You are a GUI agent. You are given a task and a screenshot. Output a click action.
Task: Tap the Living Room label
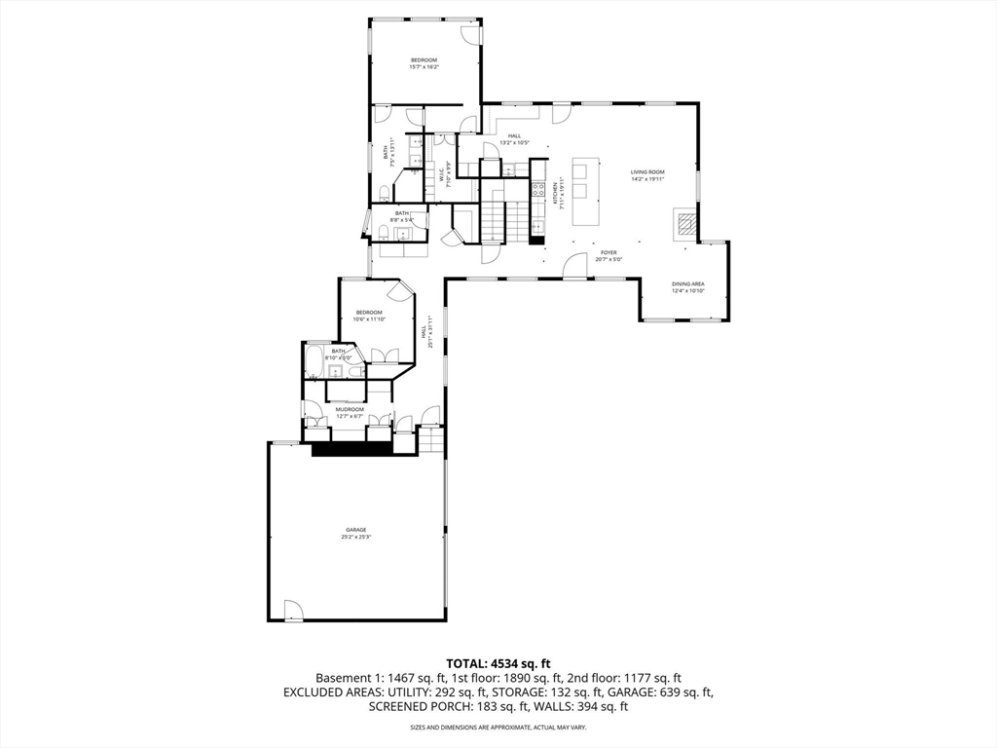coord(647,171)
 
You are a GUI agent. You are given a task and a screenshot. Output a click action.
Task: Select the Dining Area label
coord(688,283)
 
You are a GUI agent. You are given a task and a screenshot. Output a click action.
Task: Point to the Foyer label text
coord(609,252)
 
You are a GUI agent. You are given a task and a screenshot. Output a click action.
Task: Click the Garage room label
coord(355,530)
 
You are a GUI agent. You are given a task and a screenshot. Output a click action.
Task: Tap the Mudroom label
coord(350,409)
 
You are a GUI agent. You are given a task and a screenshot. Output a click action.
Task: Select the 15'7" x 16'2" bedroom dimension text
coord(425,67)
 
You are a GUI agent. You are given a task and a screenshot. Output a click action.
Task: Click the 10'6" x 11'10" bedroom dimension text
coord(369,319)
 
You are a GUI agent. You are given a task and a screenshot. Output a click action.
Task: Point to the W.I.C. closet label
coord(441,175)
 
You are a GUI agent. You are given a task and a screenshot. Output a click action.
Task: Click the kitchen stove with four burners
coord(537,190)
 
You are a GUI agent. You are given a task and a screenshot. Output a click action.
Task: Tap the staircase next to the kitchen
coord(497,219)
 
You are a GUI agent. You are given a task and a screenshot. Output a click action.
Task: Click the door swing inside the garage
coord(293,611)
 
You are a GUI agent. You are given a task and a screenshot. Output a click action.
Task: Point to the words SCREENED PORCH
coord(420,706)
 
